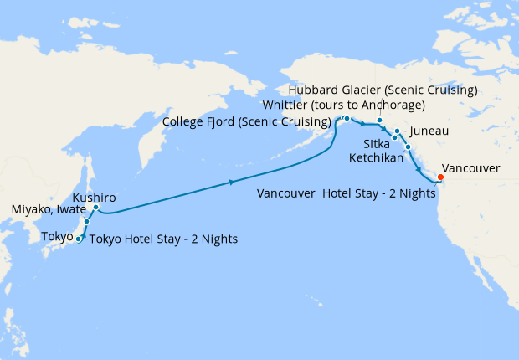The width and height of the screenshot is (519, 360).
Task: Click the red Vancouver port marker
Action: (440, 177)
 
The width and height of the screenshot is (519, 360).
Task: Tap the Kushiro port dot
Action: (96, 207)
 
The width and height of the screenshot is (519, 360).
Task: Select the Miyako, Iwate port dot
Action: (86, 222)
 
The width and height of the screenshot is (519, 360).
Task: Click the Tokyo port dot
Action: (79, 239)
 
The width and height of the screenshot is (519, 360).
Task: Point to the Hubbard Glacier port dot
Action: (379, 120)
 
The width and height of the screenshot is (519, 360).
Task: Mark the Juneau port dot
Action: (397, 131)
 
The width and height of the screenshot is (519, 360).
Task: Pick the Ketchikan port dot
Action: (408, 147)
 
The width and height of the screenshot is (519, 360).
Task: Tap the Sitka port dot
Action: (393, 137)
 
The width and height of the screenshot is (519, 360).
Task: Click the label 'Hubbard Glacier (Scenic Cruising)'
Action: (383, 90)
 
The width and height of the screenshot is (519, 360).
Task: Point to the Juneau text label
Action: (430, 131)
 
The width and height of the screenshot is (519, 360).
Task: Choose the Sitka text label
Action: (376, 144)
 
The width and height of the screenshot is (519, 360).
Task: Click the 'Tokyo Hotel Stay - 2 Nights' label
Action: (163, 239)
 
